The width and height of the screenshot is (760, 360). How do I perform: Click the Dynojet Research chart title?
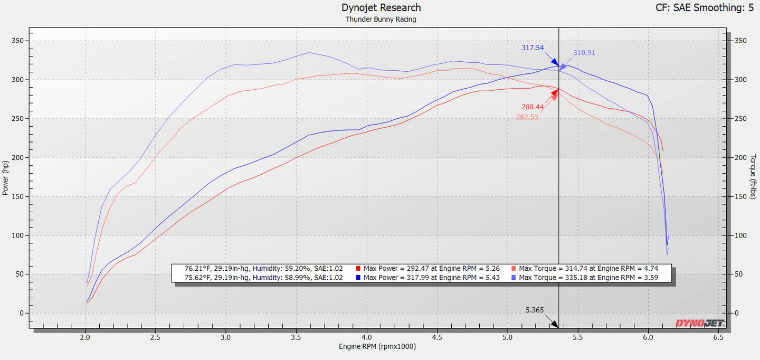pyautogui.click(x=381, y=7)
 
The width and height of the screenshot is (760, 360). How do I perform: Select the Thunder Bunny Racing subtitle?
pyautogui.click(x=381, y=20)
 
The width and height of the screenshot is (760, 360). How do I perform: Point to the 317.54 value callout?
pyautogui.click(x=533, y=48)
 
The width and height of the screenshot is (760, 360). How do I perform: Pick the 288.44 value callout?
pyautogui.click(x=533, y=107)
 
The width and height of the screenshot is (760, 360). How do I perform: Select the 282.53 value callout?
pyautogui.click(x=527, y=117)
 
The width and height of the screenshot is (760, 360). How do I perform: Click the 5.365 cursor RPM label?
pyautogui.click(x=534, y=310)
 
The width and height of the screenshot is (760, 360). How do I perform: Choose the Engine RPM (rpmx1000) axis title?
pyautogui.click(x=377, y=346)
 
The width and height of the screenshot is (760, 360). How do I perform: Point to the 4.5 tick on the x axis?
pyautogui.click(x=437, y=337)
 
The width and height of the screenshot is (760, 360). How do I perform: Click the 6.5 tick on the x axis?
pyautogui.click(x=718, y=337)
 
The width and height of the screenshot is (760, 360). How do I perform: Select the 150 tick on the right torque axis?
pyautogui.click(x=740, y=196)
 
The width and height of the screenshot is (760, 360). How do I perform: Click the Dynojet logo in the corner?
pyautogui.click(x=700, y=323)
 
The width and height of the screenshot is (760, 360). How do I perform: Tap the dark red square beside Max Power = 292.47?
pyautogui.click(x=358, y=269)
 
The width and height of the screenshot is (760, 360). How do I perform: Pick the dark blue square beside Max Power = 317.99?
pyautogui.click(x=358, y=278)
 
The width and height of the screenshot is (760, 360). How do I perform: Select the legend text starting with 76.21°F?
pyautogui.click(x=263, y=269)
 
